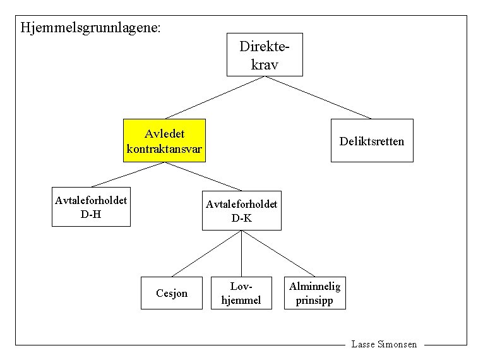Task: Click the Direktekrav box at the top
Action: click(265, 54)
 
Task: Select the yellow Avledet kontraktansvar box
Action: click(165, 140)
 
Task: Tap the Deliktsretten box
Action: click(371, 140)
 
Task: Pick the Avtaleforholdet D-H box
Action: click(91, 207)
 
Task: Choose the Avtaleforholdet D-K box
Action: click(241, 210)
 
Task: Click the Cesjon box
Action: click(172, 293)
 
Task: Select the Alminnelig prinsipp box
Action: click(314, 293)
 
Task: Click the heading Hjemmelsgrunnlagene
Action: click(90, 28)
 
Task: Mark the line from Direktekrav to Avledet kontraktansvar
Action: click(216, 97)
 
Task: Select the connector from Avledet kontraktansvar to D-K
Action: click(203, 176)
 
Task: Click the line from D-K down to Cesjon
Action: click(206, 253)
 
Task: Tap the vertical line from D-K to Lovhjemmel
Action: click(241, 253)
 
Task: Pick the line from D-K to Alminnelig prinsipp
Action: click(278, 253)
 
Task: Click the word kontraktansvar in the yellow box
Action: click(165, 149)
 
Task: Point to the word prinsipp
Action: click(314, 300)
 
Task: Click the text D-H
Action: click(91, 214)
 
